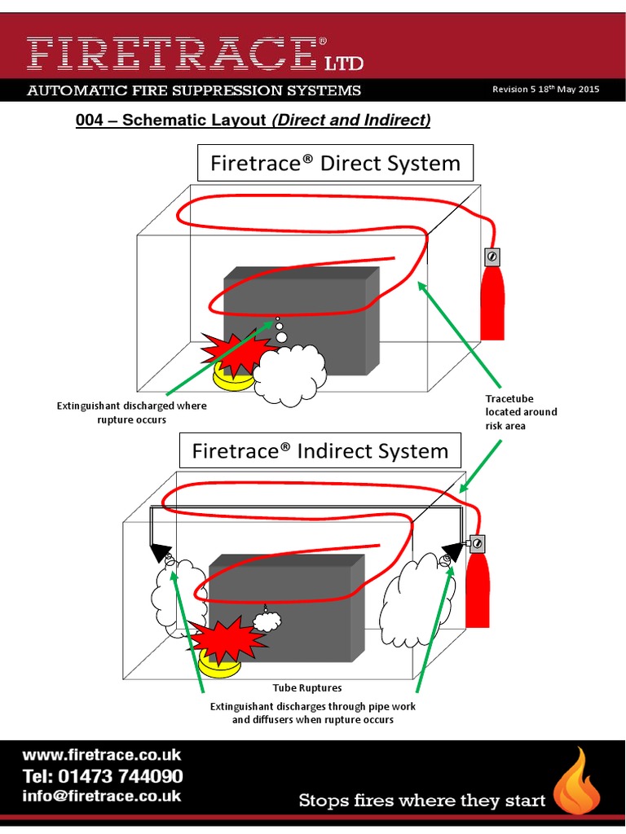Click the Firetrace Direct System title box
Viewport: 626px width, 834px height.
[335, 163]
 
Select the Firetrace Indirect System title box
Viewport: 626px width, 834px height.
[320, 451]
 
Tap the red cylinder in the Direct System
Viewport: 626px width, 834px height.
[492, 303]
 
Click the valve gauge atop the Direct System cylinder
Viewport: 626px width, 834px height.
[492, 257]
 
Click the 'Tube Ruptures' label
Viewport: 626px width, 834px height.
[306, 688]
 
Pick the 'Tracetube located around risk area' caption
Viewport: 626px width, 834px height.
[521, 412]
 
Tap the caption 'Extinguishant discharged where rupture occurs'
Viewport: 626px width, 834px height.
[131, 412]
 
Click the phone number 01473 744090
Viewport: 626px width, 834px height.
[102, 775]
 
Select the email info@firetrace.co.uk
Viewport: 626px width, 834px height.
[102, 796]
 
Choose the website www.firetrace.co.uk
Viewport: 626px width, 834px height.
[102, 755]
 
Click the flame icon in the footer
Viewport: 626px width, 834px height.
[576, 784]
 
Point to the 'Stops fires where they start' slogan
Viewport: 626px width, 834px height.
[422, 801]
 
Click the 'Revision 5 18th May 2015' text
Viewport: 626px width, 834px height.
[545, 90]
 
